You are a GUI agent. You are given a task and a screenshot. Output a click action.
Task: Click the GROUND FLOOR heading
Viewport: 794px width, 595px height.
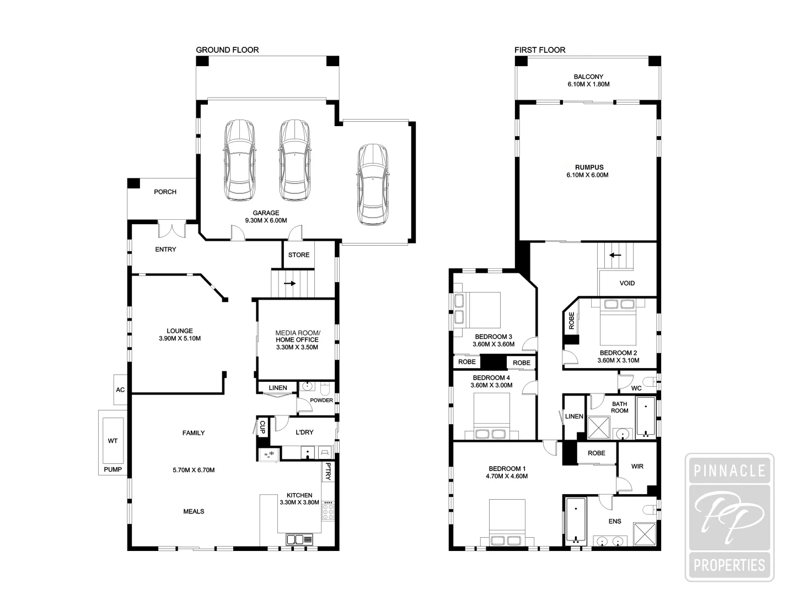click(x=227, y=50)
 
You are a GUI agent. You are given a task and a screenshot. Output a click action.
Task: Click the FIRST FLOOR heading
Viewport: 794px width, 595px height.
click(x=540, y=50)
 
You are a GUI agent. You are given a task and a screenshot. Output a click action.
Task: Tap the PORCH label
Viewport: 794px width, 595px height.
click(x=165, y=192)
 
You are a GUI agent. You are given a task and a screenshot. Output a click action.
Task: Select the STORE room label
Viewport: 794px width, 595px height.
click(x=298, y=255)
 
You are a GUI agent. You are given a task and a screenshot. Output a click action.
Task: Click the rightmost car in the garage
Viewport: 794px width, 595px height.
click(x=372, y=185)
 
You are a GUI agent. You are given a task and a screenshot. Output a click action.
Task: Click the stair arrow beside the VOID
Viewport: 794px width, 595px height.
click(x=615, y=255)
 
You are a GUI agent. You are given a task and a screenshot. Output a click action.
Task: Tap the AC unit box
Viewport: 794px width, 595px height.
click(x=120, y=390)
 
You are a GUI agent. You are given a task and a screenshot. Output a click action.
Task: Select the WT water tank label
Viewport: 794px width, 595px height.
click(x=112, y=441)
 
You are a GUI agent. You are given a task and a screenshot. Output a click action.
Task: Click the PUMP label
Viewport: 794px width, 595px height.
click(x=112, y=470)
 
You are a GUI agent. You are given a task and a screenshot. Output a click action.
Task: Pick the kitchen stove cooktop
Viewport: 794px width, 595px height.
click(x=329, y=511)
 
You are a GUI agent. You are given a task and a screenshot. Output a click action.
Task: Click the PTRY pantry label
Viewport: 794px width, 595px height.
click(x=328, y=471)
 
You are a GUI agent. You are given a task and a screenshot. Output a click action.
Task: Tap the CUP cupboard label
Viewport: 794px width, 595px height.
click(x=262, y=426)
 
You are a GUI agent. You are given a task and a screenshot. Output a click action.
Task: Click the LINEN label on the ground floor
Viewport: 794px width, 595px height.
click(x=278, y=388)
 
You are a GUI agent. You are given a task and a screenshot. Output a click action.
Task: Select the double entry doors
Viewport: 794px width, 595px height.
click(x=171, y=229)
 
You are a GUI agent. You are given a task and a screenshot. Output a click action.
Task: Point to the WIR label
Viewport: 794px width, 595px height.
click(x=637, y=466)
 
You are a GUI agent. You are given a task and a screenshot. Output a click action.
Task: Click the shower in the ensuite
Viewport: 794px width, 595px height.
click(x=643, y=533)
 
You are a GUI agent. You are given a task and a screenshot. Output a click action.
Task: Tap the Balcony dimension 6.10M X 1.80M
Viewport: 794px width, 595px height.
click(x=588, y=84)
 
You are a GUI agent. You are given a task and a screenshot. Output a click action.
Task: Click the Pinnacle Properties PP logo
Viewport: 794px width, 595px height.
click(x=729, y=518)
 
